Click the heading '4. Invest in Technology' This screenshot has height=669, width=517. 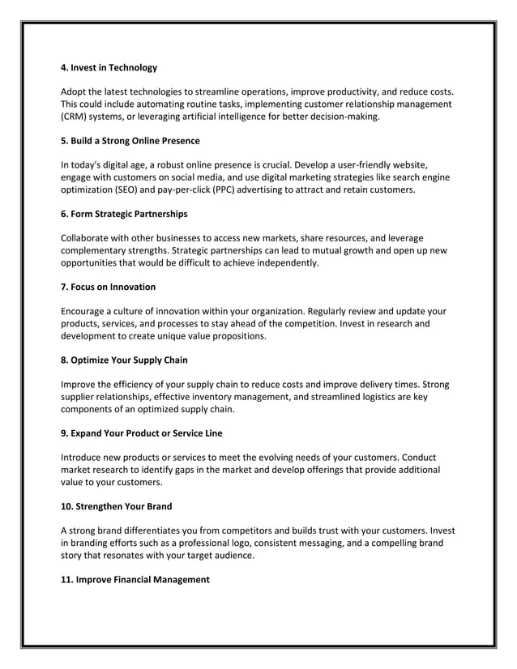[109, 67]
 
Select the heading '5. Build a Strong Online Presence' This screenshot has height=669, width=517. [130, 140]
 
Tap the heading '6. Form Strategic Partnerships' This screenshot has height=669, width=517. [124, 214]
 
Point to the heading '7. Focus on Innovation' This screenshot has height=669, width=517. [109, 287]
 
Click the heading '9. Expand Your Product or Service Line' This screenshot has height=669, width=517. [142, 433]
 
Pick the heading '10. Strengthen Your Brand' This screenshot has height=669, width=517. [117, 506]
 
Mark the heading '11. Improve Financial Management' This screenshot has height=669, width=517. [135, 579]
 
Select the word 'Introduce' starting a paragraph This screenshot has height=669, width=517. [84, 457]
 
